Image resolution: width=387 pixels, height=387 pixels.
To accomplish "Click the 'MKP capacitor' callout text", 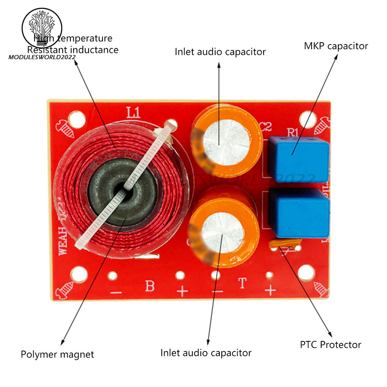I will click(x=336, y=46).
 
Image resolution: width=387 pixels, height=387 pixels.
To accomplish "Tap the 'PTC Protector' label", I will click(x=330, y=344).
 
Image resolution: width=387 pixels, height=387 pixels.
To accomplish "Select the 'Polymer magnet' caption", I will click(x=57, y=354).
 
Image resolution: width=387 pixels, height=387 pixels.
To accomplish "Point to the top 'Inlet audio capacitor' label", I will click(x=220, y=51).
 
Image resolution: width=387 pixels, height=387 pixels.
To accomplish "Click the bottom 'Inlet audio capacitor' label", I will click(x=206, y=353).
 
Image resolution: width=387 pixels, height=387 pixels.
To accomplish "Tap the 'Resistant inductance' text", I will click(x=73, y=50).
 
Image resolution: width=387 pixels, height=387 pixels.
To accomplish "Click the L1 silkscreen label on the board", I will click(x=133, y=113).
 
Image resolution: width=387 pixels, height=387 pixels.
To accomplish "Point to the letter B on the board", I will click(x=149, y=286).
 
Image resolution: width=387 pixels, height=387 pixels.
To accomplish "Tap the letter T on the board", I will click(x=242, y=284).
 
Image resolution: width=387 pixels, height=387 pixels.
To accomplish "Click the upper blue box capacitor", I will click(x=298, y=159).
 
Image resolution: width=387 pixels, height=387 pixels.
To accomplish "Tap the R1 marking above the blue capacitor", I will click(x=293, y=132).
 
